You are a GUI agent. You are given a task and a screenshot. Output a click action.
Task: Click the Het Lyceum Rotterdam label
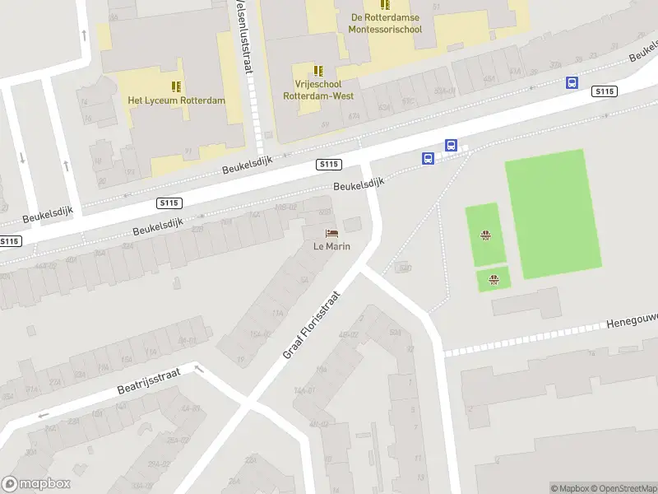(x=176, y=100)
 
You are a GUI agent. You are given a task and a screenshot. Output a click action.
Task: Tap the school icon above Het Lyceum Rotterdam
(x=176, y=86)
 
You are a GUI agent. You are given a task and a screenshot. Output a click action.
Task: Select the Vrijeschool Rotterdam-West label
(x=318, y=90)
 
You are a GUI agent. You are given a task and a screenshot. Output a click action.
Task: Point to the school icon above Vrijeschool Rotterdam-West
(x=319, y=70)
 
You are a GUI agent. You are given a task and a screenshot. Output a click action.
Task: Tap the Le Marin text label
(x=331, y=246)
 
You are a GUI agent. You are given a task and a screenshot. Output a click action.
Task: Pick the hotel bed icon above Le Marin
(x=331, y=233)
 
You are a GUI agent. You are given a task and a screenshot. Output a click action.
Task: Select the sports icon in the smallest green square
(x=493, y=280)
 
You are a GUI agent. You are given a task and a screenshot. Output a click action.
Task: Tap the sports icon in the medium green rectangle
(x=486, y=235)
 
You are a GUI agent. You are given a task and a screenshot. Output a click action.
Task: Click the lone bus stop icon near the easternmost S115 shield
(x=572, y=83)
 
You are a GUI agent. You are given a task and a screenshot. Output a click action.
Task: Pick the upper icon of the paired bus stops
(x=451, y=145)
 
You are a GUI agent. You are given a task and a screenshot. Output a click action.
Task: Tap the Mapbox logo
(x=36, y=484)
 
